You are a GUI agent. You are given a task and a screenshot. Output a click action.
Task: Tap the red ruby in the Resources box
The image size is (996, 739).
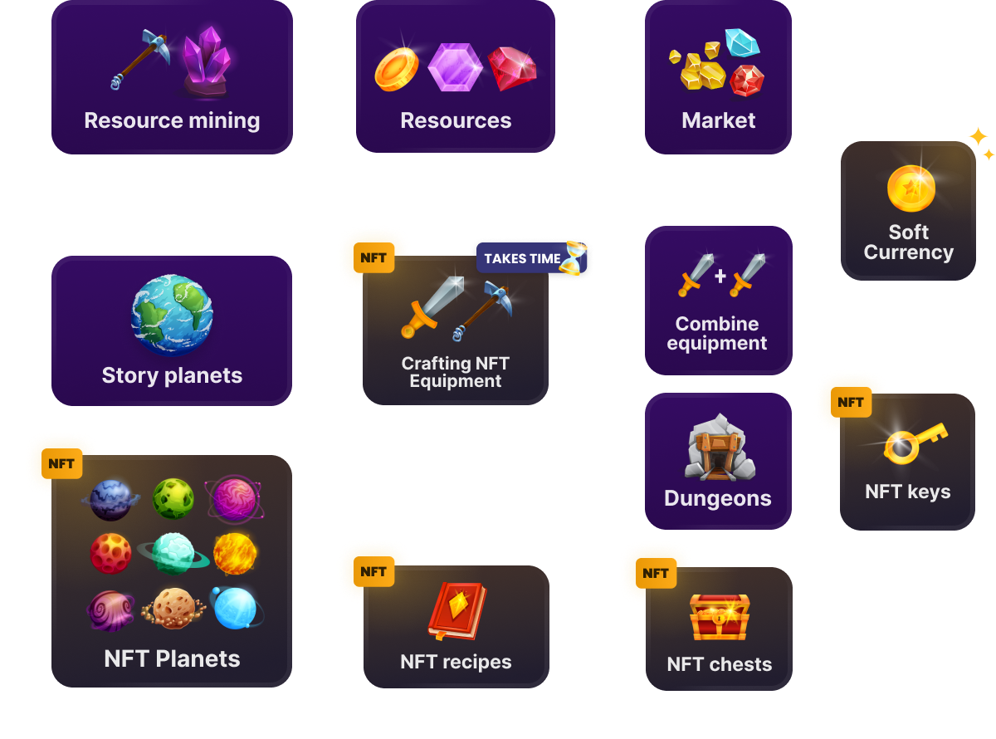tap(512, 68)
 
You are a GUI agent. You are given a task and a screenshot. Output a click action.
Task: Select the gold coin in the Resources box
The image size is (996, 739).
tap(398, 68)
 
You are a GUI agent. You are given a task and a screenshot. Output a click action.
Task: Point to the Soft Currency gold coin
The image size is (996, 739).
tap(911, 188)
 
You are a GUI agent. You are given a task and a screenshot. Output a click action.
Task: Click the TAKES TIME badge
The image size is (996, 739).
tap(522, 259)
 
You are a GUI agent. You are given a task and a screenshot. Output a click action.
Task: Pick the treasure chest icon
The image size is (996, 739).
tap(720, 617)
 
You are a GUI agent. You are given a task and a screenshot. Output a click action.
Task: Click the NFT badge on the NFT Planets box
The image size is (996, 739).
tap(61, 464)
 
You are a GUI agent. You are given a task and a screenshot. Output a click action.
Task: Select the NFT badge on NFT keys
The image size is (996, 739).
tap(851, 403)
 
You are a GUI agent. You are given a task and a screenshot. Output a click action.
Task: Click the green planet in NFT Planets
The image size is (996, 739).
tap(173, 498)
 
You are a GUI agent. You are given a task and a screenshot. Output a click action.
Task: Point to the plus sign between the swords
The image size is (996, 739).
tap(720, 276)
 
